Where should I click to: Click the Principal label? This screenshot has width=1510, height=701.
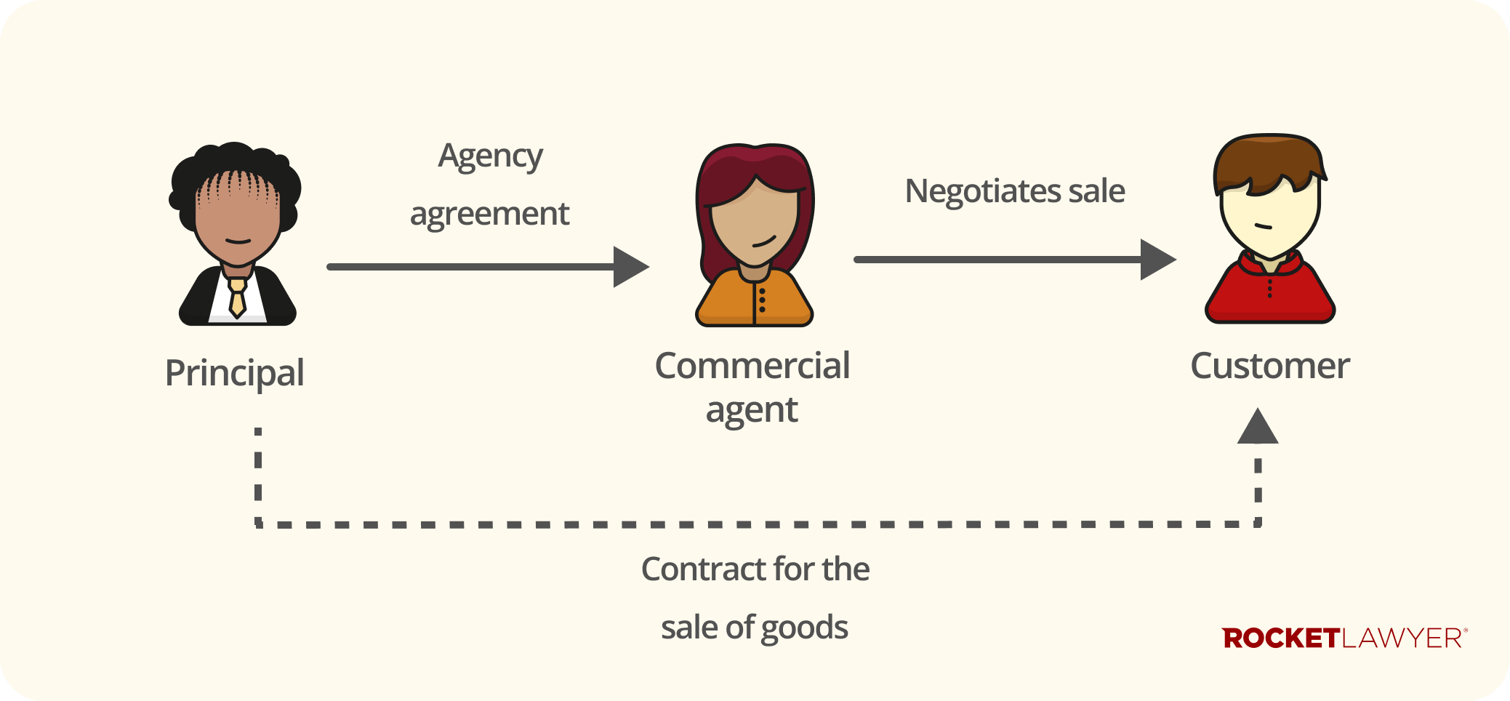coord(234,373)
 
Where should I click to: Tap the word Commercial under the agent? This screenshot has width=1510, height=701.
coord(752,365)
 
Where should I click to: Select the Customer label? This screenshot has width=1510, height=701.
coord(1269,365)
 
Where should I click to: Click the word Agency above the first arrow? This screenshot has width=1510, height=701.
coord(490,156)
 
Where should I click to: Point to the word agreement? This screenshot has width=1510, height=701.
coord(489,215)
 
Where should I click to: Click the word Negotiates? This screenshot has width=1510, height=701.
coord(983,191)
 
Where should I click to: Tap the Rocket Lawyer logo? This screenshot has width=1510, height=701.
coord(1344,638)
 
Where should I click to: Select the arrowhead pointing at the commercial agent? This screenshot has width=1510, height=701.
coord(630,267)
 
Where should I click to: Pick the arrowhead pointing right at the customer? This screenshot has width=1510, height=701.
coord(1157,260)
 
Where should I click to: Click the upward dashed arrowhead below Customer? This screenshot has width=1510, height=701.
coord(1258,428)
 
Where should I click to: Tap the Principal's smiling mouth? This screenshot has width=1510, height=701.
coord(238,241)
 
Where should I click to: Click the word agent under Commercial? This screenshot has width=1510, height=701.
coord(752,410)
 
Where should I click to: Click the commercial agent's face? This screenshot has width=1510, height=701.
coord(754,222)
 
